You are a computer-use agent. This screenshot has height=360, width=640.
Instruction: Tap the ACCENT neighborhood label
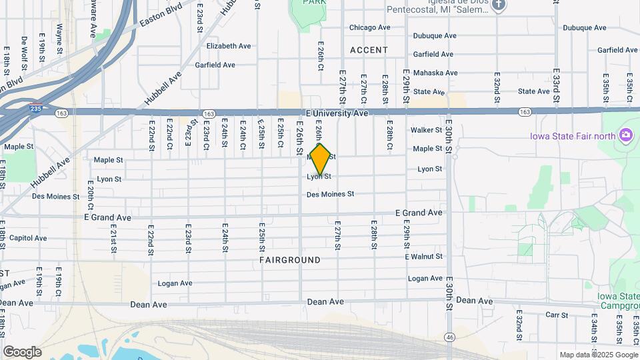369,50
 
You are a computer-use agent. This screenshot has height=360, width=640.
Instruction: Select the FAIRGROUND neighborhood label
290,260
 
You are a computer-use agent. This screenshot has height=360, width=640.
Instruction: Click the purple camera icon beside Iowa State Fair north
625,136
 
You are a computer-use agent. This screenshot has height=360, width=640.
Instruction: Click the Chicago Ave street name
370,28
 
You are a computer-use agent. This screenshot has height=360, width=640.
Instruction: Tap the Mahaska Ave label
435,73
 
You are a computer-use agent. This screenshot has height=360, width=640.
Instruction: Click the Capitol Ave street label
28,238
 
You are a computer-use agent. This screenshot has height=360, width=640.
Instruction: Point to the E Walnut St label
423,257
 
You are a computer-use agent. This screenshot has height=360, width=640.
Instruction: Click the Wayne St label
59,39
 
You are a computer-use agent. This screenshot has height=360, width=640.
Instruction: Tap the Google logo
22,351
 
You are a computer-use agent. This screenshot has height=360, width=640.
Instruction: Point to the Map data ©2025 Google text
599,355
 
